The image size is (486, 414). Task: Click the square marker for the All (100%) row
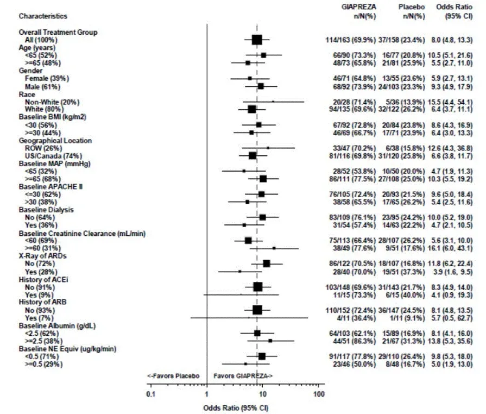click(x=257, y=40)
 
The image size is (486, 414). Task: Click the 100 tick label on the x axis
click(x=319, y=393)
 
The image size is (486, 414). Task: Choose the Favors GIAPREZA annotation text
click(x=243, y=375)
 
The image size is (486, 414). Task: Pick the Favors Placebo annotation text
click(x=173, y=375)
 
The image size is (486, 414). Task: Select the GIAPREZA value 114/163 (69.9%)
click(x=347, y=40)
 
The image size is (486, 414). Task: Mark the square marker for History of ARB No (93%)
click(x=257, y=309)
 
